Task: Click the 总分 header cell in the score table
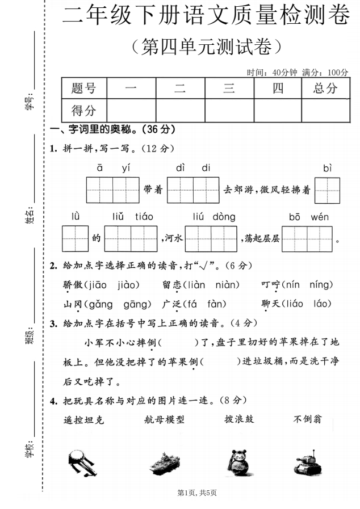325,88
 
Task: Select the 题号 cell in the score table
83,88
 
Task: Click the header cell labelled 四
278,88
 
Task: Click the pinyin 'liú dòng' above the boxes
214,217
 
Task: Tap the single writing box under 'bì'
327,191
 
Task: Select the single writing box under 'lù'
76,238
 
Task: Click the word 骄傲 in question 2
73,284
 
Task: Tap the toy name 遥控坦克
84,420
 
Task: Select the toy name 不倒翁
308,419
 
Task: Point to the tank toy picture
308,461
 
